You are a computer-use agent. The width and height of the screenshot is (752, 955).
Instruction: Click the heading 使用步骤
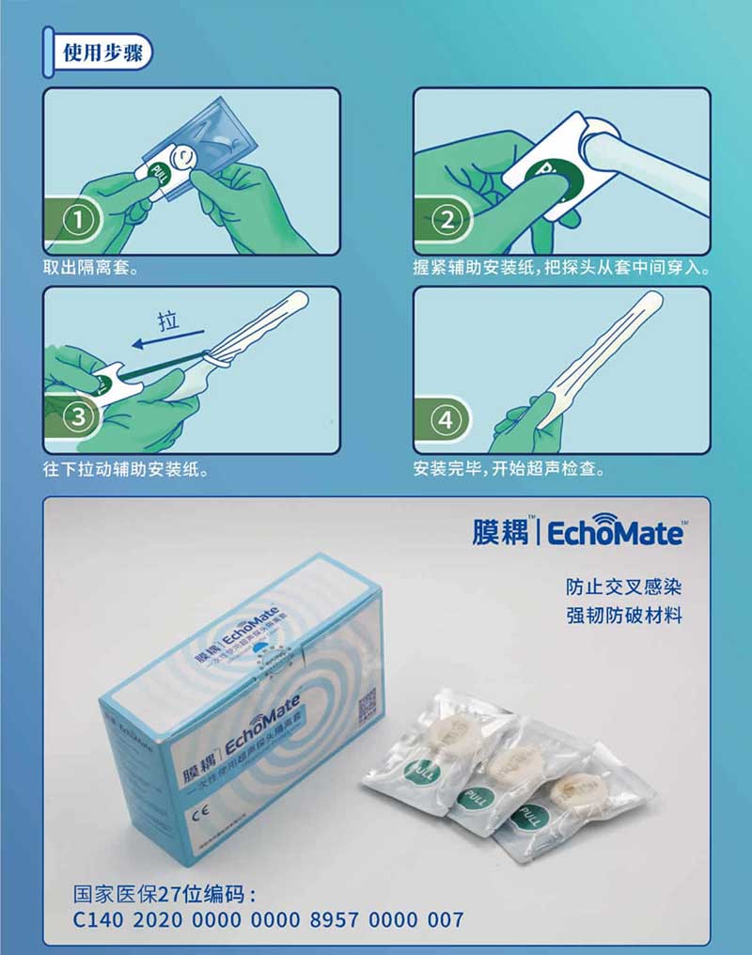102,53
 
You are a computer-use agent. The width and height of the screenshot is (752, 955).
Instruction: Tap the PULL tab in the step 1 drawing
156,173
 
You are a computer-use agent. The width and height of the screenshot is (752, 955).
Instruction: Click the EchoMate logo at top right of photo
577,533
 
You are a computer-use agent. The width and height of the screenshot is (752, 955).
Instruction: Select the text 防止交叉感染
623,588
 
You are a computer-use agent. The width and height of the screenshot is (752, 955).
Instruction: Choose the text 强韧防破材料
623,617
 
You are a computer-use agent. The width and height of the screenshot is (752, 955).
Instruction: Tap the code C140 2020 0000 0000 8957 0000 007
269,918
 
